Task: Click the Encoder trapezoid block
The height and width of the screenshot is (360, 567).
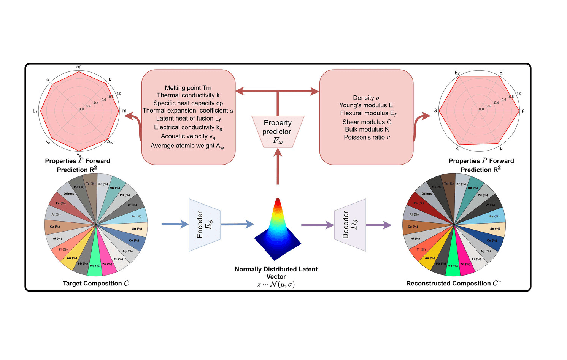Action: [x=205, y=225]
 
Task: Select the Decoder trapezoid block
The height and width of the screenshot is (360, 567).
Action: [x=350, y=225]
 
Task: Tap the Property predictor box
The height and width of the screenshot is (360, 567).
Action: [x=278, y=132]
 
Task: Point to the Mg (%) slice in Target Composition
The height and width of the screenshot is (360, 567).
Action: [x=95, y=262]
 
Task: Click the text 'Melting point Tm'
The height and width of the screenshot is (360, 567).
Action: [x=188, y=88]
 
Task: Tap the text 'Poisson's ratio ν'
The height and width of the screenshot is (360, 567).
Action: [x=367, y=137]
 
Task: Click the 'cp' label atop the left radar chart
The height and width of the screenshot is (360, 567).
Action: [x=79, y=67]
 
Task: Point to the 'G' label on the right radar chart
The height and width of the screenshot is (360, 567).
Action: [x=435, y=111]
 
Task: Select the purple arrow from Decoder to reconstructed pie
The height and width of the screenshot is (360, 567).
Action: [x=378, y=225]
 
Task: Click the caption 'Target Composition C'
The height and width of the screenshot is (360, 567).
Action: [x=96, y=283]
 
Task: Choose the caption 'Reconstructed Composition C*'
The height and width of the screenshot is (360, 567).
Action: [x=453, y=283]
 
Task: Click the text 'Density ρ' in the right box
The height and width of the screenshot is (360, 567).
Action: [x=366, y=98]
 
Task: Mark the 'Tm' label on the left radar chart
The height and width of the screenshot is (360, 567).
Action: [x=123, y=111]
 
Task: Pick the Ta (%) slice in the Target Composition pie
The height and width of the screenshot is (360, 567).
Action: [x=91, y=182]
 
